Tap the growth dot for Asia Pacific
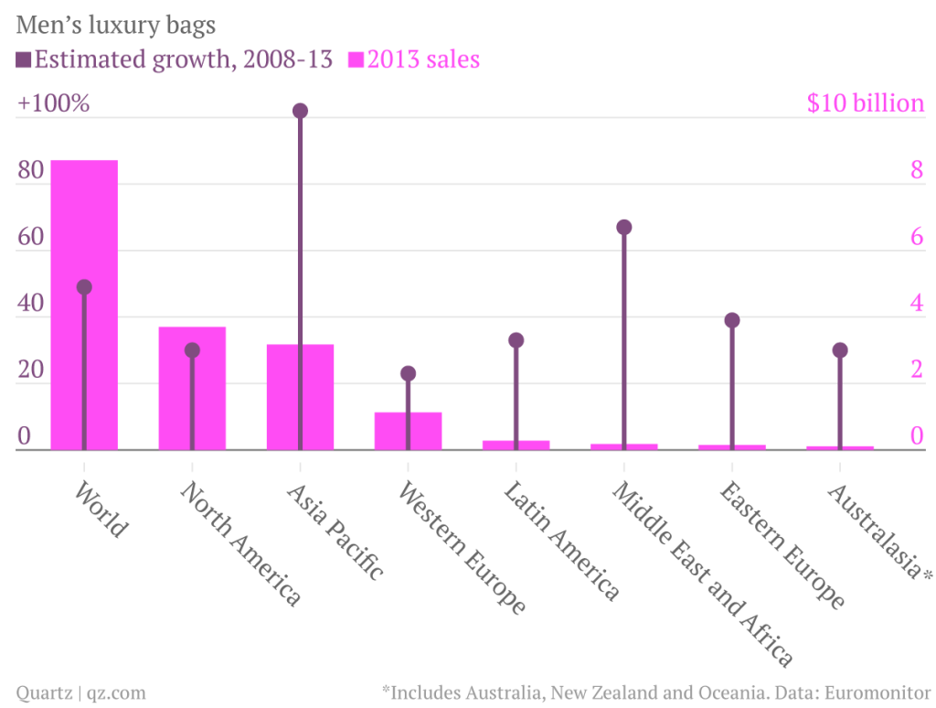point(300,111)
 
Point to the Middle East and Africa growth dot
point(623,227)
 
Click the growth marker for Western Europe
point(408,373)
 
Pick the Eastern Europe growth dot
point(731,320)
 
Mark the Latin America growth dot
point(516,340)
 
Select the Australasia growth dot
point(840,349)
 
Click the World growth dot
point(84,286)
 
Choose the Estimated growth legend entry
point(174,60)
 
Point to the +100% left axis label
point(53,103)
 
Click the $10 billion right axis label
point(865,103)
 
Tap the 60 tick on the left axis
point(31,237)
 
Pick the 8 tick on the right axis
point(915,170)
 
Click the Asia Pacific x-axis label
point(335,531)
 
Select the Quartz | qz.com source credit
point(80,692)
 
